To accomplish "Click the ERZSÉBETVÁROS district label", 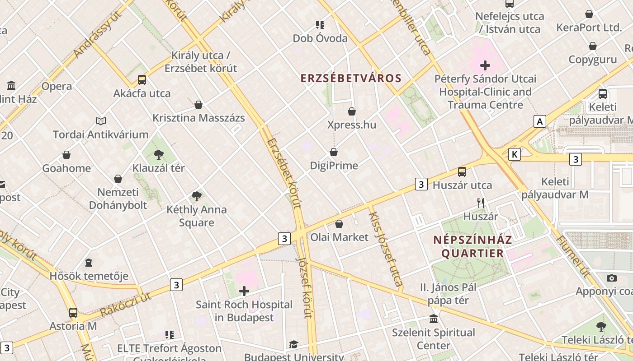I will pyautogui.click(x=351, y=78).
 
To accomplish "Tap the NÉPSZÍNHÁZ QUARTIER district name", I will pyautogui.click(x=472, y=246).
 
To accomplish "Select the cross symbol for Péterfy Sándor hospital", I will pyautogui.click(x=485, y=65).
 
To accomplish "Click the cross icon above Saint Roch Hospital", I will pyautogui.click(x=244, y=291).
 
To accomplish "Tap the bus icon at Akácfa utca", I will pyautogui.click(x=142, y=80).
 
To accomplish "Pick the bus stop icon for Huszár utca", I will pyautogui.click(x=462, y=171).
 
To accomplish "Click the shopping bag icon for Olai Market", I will pyautogui.click(x=339, y=224).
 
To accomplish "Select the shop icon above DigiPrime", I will pyautogui.click(x=334, y=152).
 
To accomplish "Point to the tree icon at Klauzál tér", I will pyautogui.click(x=159, y=155).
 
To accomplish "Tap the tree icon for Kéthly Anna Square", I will pyautogui.click(x=196, y=196).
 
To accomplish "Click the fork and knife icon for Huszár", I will pyautogui.click(x=481, y=203).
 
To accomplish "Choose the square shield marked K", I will pyautogui.click(x=514, y=155).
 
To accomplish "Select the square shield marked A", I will pyautogui.click(x=539, y=121).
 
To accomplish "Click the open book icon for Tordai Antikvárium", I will pyautogui.click(x=101, y=121).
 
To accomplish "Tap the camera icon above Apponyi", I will pyautogui.click(x=612, y=278).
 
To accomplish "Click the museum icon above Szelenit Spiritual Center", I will pyautogui.click(x=434, y=319).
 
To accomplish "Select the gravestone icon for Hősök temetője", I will pyautogui.click(x=89, y=262).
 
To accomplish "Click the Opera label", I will pyautogui.click(x=57, y=86).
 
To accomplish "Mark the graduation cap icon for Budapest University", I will pyautogui.click(x=293, y=345).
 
